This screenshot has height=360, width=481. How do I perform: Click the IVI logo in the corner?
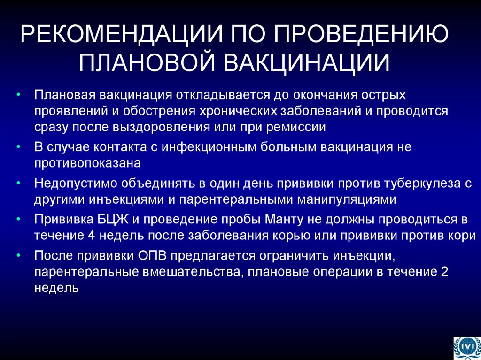click(467, 347)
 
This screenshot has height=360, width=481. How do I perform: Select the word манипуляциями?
click(347, 199)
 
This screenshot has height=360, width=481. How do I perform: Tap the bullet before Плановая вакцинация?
click(17, 95)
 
